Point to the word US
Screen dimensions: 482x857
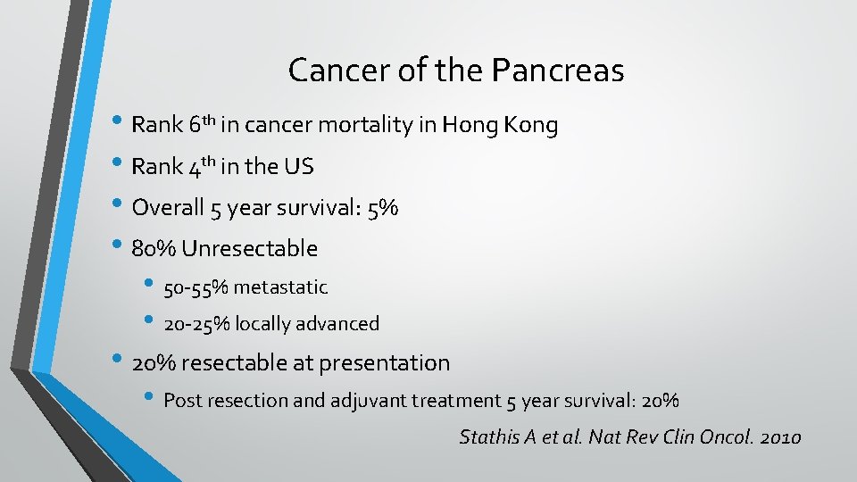coord(299,167)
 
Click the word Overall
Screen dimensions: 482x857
coord(168,208)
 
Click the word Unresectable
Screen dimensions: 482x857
coord(249,248)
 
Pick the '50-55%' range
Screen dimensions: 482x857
coord(196,287)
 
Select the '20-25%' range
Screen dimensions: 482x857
coord(196,324)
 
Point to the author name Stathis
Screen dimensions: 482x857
coord(485,437)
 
